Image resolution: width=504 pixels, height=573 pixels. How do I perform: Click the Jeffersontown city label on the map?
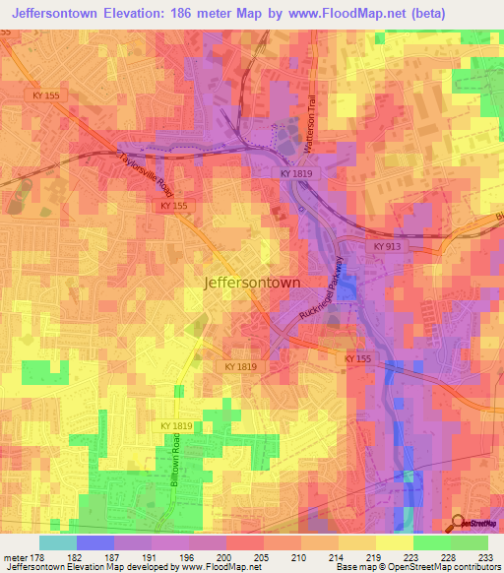click(x=265, y=282)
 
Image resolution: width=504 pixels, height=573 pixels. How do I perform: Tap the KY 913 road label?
click(x=388, y=247)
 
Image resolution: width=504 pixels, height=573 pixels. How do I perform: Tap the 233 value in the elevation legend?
click(x=484, y=556)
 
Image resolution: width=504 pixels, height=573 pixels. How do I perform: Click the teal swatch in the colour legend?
click(x=58, y=542)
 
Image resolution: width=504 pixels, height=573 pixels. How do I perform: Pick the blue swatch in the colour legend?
click(x=95, y=542)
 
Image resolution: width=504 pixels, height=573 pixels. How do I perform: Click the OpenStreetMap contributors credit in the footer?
click(x=454, y=568)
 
